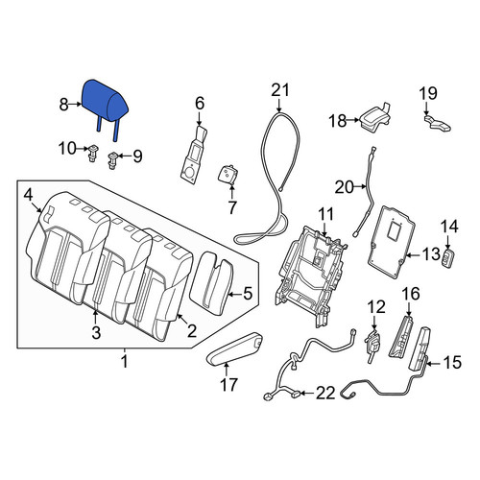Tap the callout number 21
coord(280,90)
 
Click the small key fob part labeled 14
coord(449,258)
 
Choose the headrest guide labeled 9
coord(113,160)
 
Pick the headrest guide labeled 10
coord(93,154)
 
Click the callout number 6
coord(200,104)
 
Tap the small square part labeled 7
coord(228,175)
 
